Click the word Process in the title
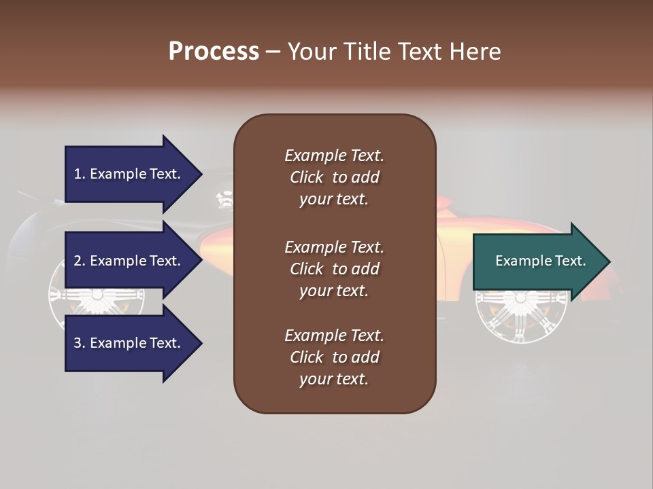[x=214, y=52]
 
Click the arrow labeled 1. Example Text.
[x=129, y=175]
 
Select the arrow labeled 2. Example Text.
[x=129, y=261]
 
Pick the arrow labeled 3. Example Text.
[x=129, y=344]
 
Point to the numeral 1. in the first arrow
[x=80, y=175]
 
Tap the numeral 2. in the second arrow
[x=80, y=261]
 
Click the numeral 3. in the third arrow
[x=80, y=344]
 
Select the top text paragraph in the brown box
[x=334, y=177]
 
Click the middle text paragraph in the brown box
[x=334, y=269]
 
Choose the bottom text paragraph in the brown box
[x=334, y=357]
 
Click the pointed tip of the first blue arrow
[x=200, y=175]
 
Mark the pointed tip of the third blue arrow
[x=200, y=344]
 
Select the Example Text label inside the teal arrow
[x=540, y=261]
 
